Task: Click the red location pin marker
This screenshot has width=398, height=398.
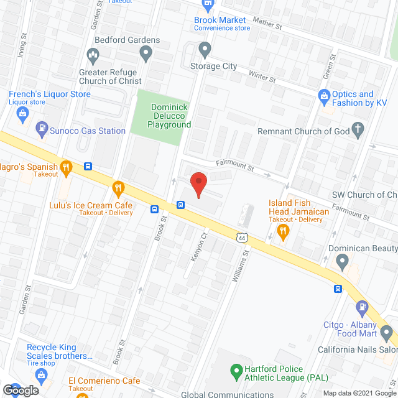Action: coord(198,184)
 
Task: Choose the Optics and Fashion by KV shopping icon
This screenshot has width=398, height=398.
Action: coord(324,96)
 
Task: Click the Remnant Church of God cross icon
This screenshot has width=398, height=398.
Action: coord(357,131)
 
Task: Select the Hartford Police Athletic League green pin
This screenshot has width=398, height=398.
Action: coord(236,373)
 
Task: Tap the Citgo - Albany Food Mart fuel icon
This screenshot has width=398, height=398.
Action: coord(363,307)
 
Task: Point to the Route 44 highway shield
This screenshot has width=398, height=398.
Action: coord(242,237)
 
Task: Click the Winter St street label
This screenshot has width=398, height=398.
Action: coord(262,76)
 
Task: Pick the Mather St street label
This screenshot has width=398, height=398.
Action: coord(268,26)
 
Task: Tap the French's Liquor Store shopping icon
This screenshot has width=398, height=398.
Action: coord(22,113)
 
